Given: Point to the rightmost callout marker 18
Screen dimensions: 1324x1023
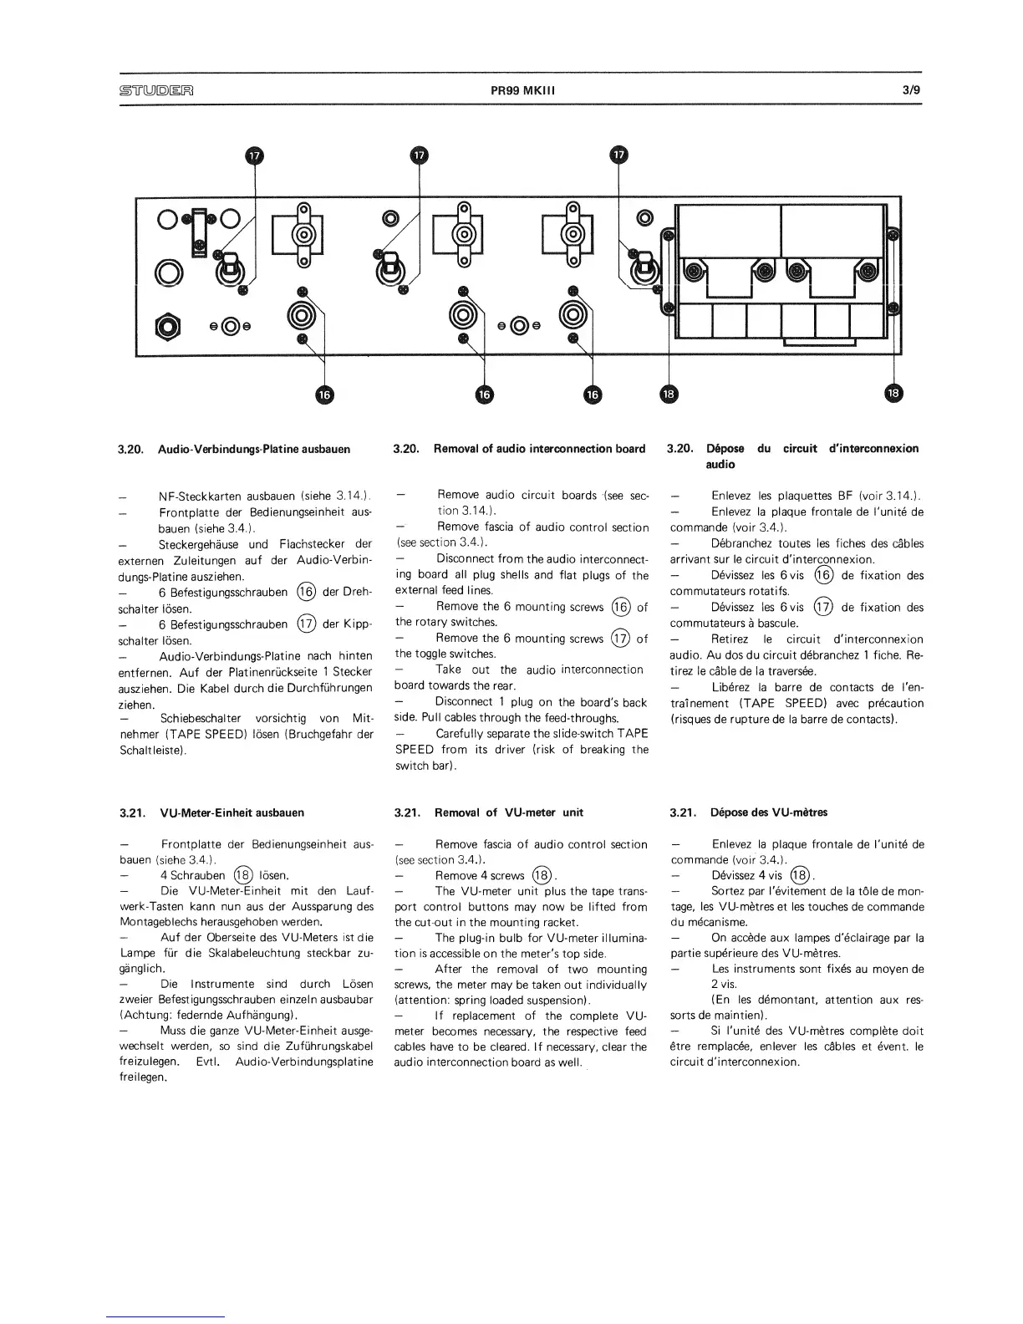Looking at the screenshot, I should [x=893, y=394].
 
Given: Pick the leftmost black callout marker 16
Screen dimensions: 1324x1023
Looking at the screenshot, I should [x=323, y=394].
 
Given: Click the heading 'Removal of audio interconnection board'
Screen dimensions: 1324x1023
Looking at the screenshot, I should [x=539, y=449].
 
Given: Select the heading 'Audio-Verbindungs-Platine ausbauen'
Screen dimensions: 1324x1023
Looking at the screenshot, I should [x=253, y=449].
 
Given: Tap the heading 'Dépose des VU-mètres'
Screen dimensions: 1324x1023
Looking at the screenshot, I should [x=769, y=812].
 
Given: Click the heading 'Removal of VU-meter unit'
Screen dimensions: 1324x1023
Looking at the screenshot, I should [x=509, y=812].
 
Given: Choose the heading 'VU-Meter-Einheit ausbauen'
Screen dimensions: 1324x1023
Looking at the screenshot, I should [x=232, y=812].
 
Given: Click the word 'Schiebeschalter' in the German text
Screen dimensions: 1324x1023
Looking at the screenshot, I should [x=200, y=719].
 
